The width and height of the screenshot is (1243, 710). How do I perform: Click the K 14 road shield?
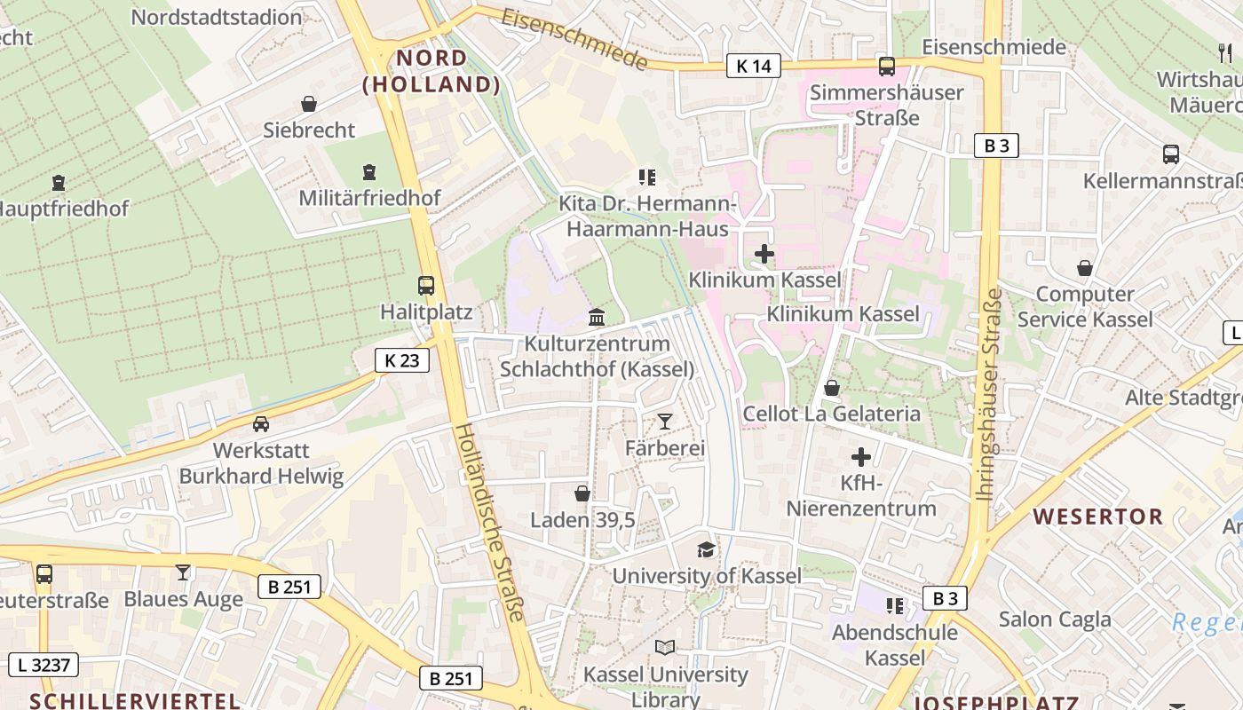coord(754,65)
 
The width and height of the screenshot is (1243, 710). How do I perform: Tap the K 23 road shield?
coord(402,359)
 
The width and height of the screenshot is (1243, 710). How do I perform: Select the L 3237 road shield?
coord(44,664)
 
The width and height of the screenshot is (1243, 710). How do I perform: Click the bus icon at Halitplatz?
coord(426,286)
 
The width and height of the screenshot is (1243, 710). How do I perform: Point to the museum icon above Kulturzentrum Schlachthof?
coord(597,317)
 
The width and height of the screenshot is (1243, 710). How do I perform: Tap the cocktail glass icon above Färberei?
coord(665,422)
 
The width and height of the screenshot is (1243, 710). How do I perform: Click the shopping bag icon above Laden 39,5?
coord(582,493)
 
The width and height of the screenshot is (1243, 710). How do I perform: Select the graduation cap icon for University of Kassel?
coord(706,549)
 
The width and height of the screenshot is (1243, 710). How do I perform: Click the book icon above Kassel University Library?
coord(665,648)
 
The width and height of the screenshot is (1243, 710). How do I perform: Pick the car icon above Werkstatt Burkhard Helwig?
coord(260,424)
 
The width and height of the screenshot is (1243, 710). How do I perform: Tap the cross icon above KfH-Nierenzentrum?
coord(860,457)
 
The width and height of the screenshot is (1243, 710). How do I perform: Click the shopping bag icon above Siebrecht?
coord(308,104)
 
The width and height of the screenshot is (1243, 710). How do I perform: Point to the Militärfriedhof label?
coord(369,198)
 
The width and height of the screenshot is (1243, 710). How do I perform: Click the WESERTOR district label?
coord(1097,516)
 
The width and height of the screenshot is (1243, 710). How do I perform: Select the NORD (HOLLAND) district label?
coord(431,71)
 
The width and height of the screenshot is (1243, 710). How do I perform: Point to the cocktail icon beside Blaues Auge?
coord(183,572)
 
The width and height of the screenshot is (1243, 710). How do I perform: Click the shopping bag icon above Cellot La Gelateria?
coord(832,388)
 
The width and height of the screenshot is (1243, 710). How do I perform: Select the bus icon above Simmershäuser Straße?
coord(886,66)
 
